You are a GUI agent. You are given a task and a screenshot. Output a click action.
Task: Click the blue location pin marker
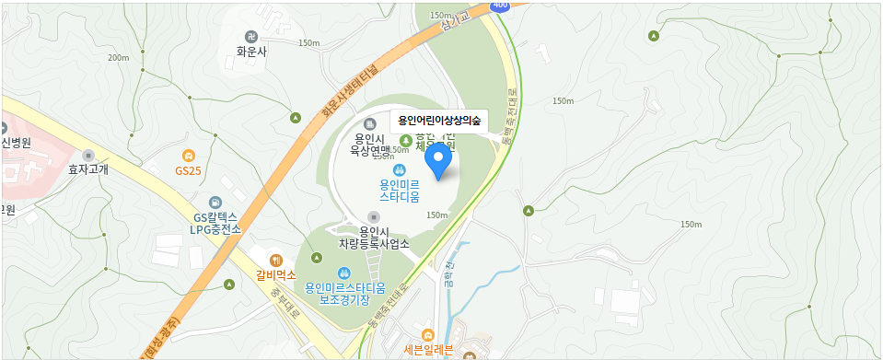[438, 161]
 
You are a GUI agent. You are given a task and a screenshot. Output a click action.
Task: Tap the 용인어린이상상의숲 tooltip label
[439, 121]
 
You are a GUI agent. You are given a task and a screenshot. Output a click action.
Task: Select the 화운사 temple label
[251, 52]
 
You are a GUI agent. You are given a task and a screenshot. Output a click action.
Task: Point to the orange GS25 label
[188, 170]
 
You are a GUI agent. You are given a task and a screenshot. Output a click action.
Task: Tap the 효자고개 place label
[88, 169]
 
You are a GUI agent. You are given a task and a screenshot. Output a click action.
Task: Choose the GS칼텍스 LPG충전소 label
[215, 223]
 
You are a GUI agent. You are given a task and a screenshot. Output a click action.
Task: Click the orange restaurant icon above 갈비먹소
[275, 258]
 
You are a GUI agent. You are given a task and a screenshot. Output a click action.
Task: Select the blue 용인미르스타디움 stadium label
[400, 190]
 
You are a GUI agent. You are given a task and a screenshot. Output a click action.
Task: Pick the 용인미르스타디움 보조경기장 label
[343, 293]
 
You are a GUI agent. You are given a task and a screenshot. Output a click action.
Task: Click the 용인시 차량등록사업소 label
[374, 237]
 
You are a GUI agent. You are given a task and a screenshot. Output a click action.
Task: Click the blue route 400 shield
[500, 6]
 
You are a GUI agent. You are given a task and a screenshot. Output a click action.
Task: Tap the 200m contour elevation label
[119, 58]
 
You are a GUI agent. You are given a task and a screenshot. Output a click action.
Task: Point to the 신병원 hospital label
[17, 143]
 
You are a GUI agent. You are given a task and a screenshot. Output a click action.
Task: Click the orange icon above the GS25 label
[188, 155]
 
